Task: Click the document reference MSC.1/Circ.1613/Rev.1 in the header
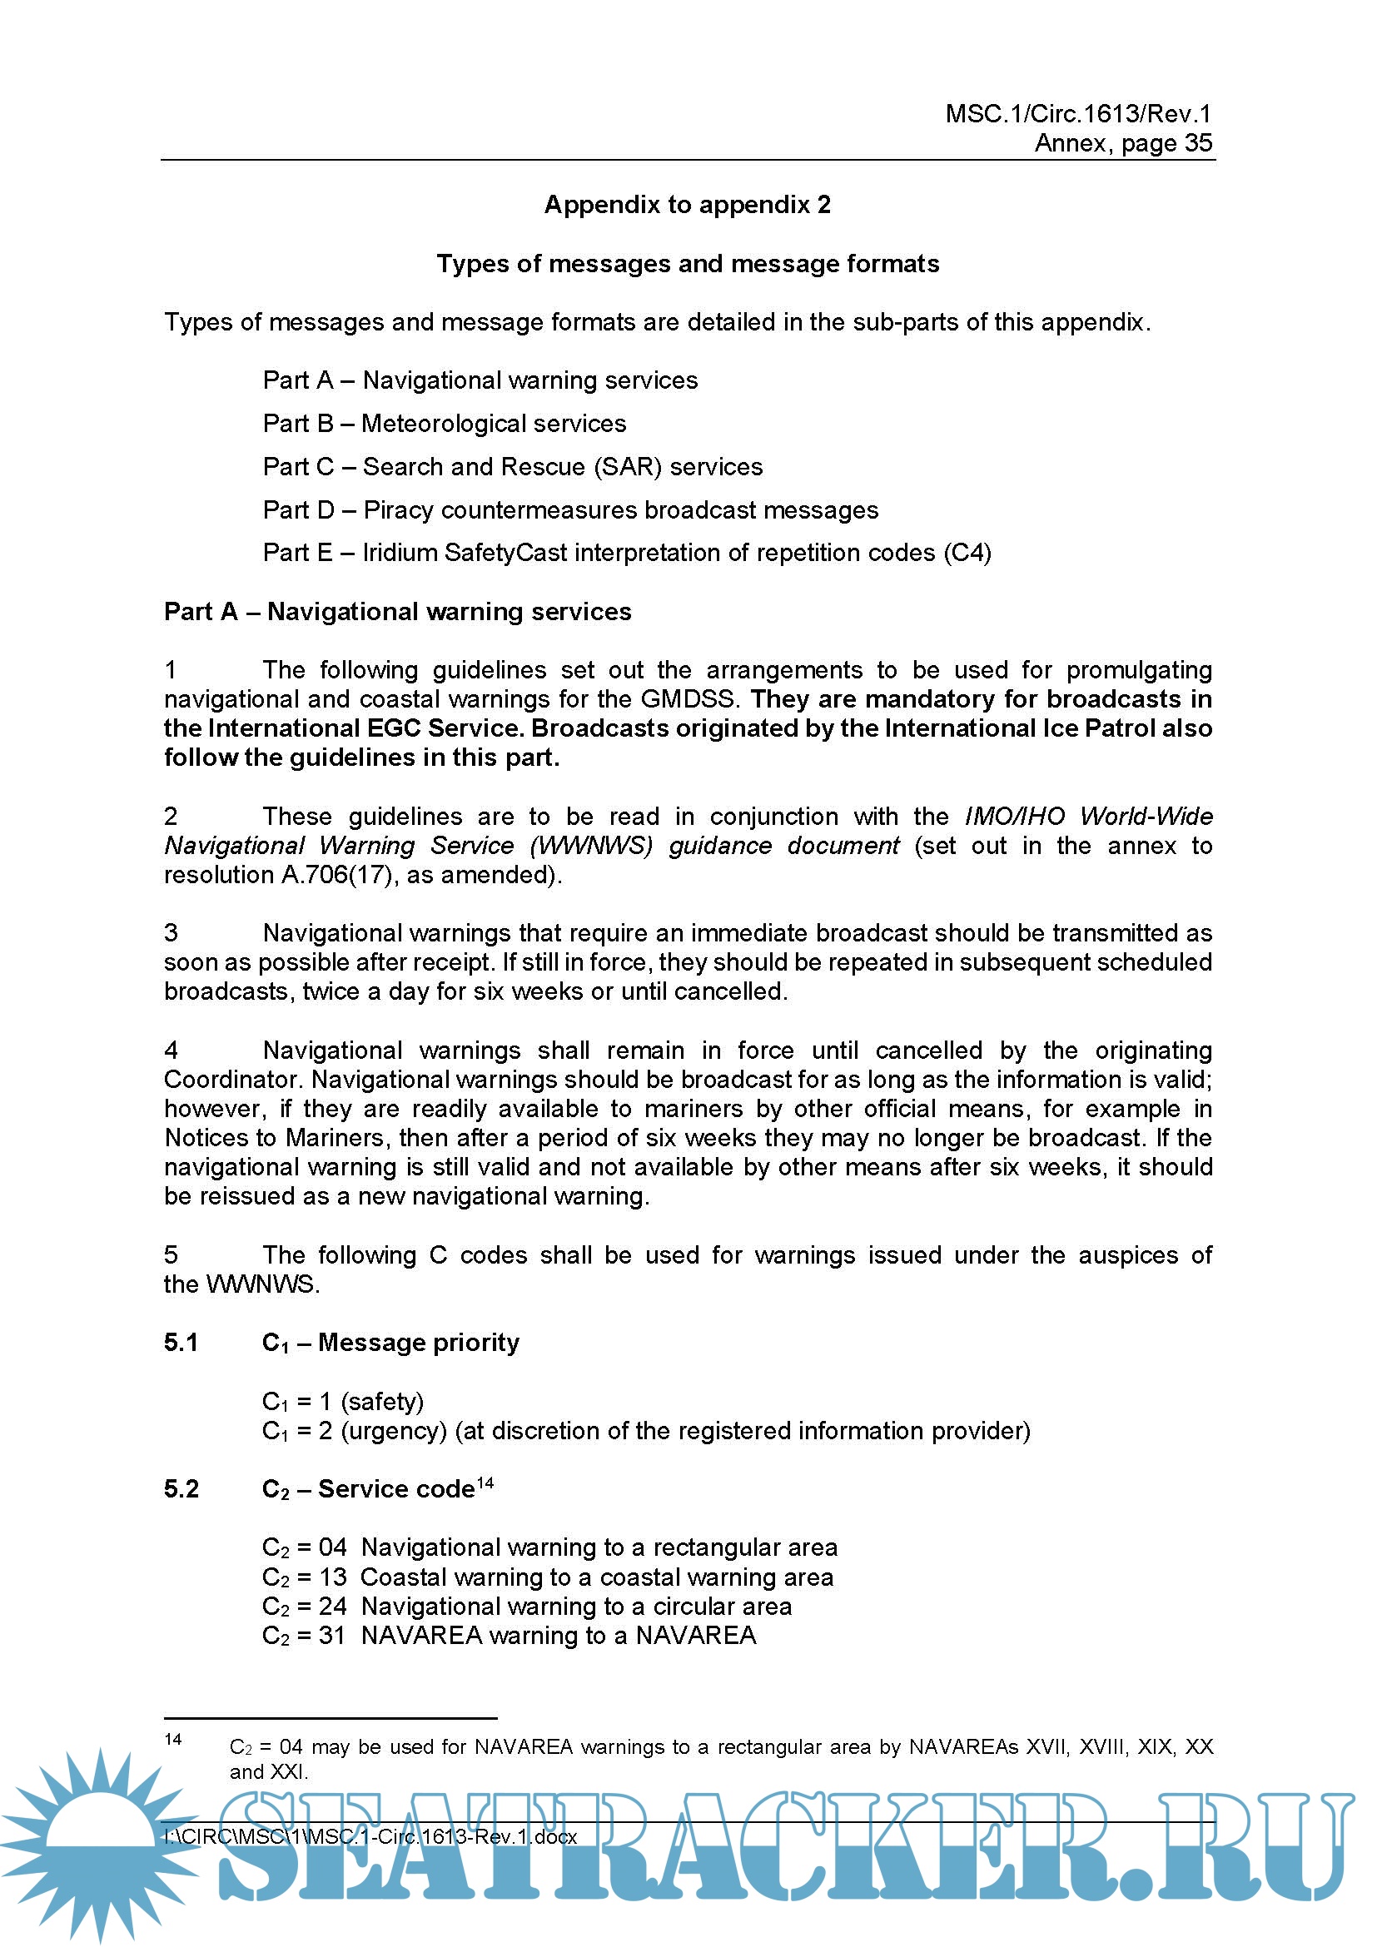click(1077, 114)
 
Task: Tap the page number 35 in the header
click(1198, 143)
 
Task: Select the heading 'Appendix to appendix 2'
click(688, 205)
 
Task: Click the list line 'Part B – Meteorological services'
click(445, 423)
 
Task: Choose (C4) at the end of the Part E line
click(967, 553)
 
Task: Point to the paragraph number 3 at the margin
click(172, 933)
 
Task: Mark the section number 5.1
click(181, 1343)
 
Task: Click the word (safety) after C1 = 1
click(382, 1402)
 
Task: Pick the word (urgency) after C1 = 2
click(394, 1431)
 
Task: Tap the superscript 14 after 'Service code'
click(485, 1483)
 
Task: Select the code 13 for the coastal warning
click(333, 1577)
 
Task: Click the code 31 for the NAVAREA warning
click(332, 1635)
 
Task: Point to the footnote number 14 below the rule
click(173, 1740)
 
